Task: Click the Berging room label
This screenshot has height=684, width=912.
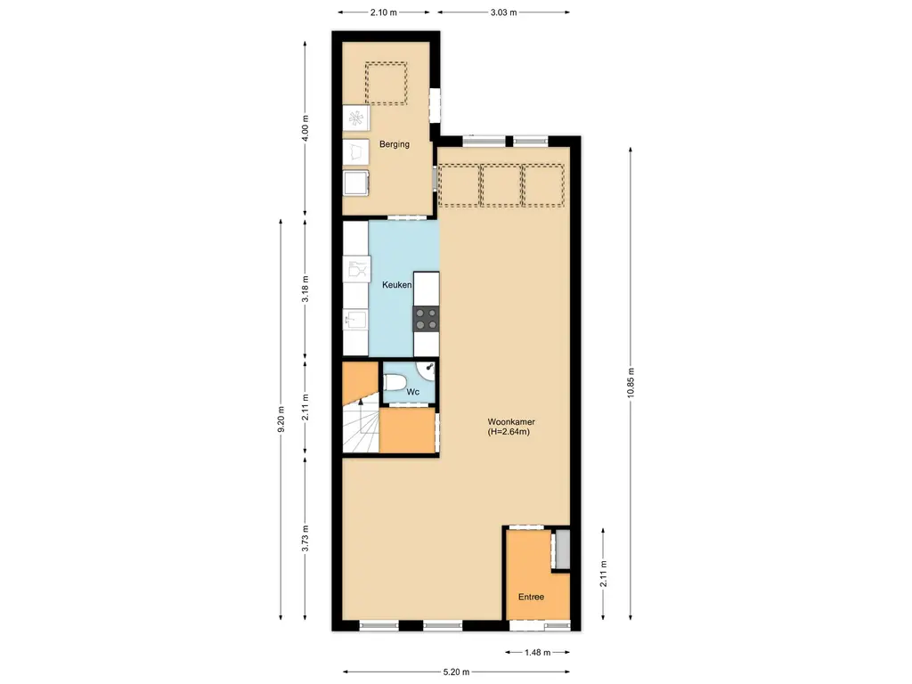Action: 394,144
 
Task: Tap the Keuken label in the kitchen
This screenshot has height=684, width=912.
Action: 396,285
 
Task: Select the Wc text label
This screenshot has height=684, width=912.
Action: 412,392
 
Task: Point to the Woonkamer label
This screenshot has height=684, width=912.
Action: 510,421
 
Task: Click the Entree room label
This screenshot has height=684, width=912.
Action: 531,597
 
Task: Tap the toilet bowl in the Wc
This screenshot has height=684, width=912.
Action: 395,383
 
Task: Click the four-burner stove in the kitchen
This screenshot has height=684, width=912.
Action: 426,318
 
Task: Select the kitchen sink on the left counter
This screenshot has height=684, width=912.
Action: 356,319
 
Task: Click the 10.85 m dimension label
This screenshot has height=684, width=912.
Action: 631,384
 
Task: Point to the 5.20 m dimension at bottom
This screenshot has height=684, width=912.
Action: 455,672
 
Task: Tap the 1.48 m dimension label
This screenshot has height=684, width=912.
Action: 537,651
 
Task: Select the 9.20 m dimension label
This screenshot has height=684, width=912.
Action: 281,418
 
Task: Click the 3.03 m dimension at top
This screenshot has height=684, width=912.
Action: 503,12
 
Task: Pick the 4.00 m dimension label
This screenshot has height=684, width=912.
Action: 305,130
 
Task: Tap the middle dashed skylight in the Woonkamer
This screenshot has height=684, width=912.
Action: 501,185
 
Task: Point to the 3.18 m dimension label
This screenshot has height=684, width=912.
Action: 305,290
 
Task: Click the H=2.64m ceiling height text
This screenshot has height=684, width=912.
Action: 509,432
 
